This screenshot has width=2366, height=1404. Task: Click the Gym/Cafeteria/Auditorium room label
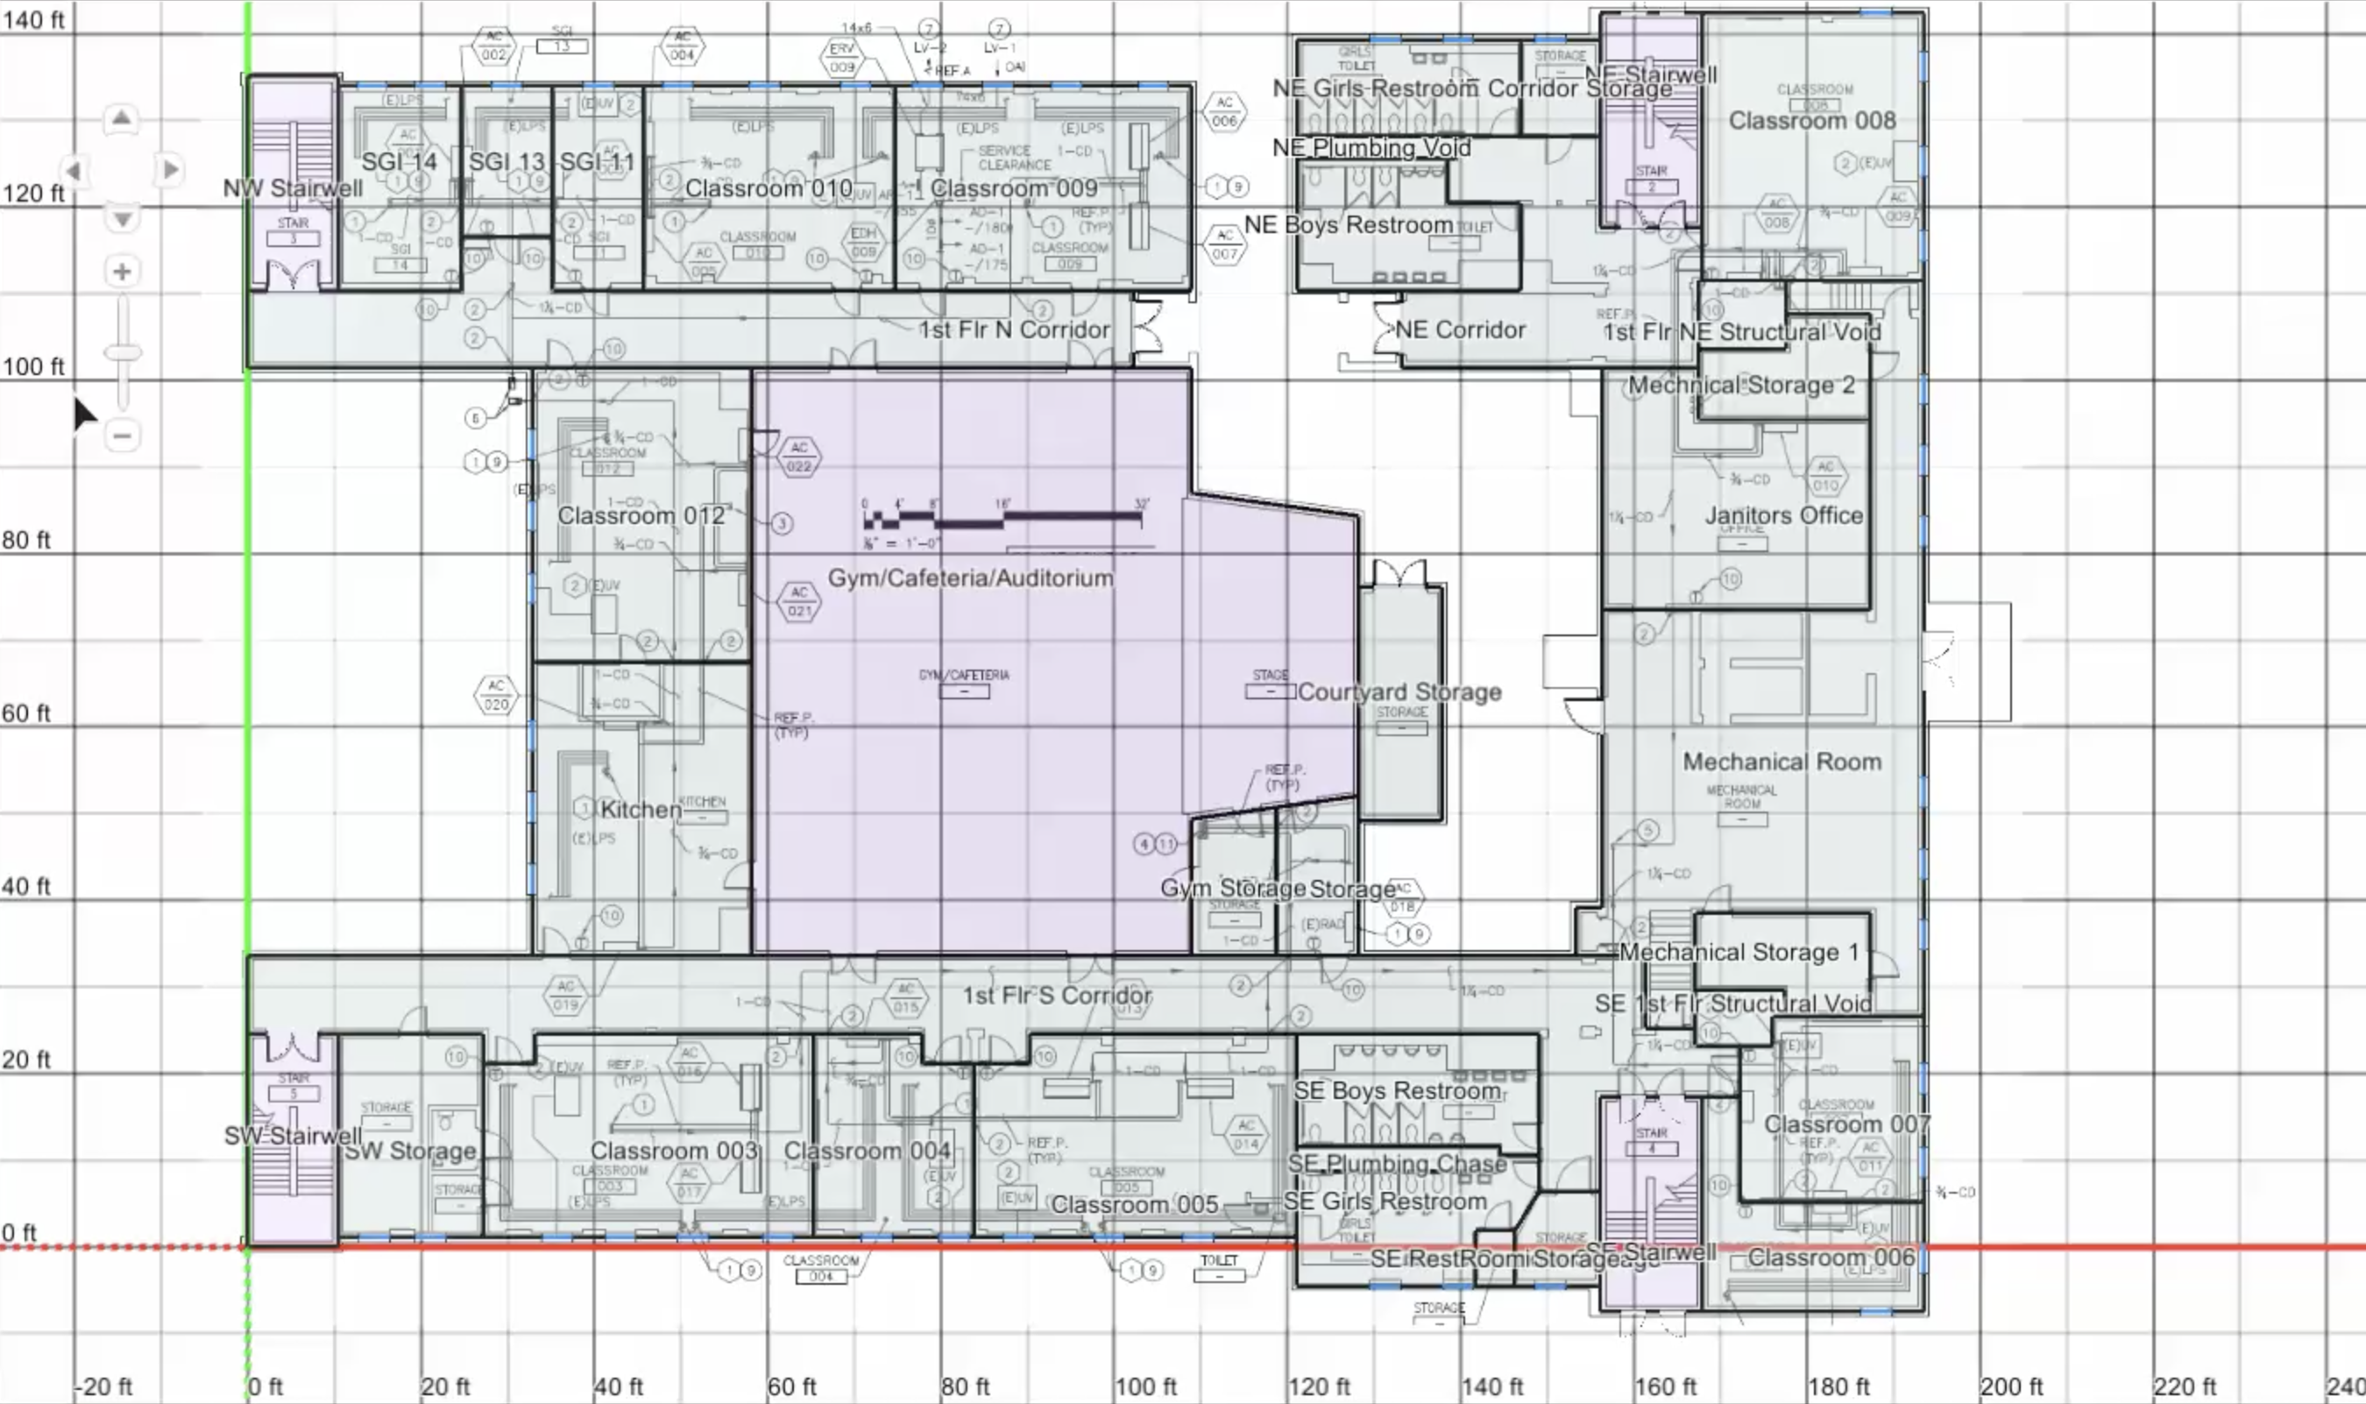click(971, 578)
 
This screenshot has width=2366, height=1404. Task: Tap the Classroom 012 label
click(641, 515)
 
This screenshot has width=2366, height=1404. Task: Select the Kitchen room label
click(641, 810)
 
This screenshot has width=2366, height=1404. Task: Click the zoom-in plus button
click(122, 273)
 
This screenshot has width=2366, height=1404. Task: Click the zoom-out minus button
click(122, 436)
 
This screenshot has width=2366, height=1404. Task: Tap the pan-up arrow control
click(121, 119)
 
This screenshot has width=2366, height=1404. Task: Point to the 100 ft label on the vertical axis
click(33, 367)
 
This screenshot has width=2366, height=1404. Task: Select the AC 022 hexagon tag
click(799, 457)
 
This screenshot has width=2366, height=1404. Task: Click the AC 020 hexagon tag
click(496, 694)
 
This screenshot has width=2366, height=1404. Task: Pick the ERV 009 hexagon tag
click(842, 58)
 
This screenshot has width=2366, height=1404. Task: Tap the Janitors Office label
click(1783, 515)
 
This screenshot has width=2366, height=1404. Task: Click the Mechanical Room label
click(1782, 762)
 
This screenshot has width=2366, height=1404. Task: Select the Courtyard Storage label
click(1399, 691)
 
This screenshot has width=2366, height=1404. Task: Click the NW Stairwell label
click(293, 188)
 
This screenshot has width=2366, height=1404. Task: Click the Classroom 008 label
click(1811, 121)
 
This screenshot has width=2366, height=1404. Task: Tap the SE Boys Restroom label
click(1396, 1091)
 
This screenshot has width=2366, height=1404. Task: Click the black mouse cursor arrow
click(83, 412)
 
